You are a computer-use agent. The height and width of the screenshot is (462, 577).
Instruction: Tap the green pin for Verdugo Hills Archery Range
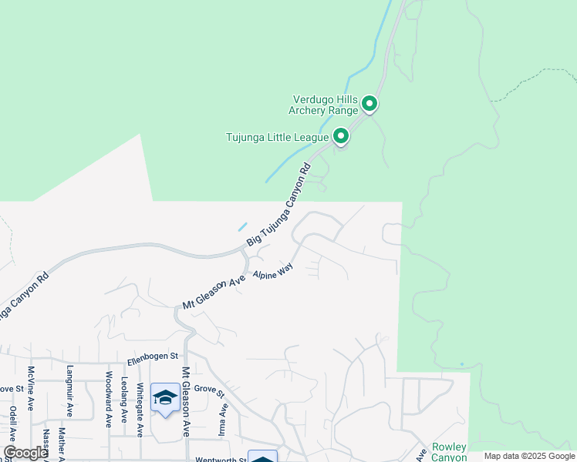[x=369, y=103]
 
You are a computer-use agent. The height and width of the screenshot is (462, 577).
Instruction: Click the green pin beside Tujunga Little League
[x=340, y=137]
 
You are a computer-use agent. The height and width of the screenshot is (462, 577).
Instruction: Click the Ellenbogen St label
[x=153, y=357]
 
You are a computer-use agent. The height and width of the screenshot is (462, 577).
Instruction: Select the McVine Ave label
[x=32, y=387]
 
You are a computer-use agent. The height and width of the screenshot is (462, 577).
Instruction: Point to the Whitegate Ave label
[x=140, y=410]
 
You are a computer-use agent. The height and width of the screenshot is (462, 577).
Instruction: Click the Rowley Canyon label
[x=449, y=452]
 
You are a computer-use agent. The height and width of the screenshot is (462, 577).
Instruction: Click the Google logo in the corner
[x=25, y=453]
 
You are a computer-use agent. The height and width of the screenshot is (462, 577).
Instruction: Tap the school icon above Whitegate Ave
[x=165, y=398]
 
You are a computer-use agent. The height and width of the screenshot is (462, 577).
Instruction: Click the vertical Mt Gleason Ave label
[x=185, y=402]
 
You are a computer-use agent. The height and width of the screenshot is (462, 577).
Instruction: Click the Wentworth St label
[x=221, y=460]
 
